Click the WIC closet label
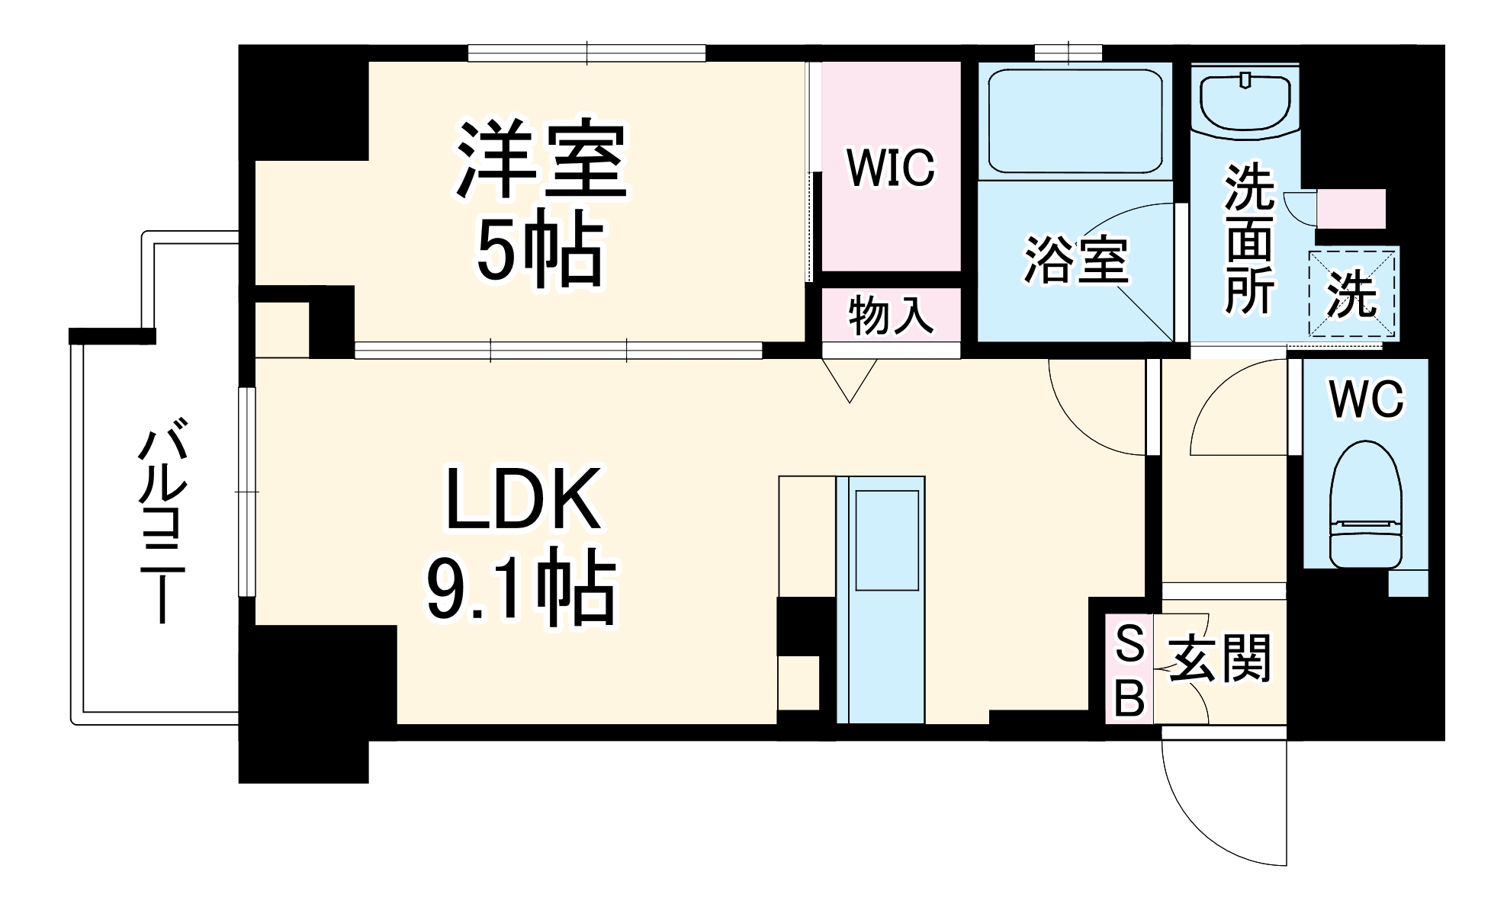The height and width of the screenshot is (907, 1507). [890, 168]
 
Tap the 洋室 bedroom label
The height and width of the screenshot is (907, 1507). [541, 159]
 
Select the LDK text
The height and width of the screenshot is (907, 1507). [522, 500]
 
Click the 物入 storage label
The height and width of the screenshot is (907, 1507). [891, 315]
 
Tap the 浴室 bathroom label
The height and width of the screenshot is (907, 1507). [1075, 260]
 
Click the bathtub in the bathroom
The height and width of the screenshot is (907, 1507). [1075, 122]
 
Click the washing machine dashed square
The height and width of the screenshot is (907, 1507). [1351, 293]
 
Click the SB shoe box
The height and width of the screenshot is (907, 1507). [1129, 670]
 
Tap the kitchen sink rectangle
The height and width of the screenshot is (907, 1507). [886, 540]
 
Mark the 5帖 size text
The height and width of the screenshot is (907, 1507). [540, 248]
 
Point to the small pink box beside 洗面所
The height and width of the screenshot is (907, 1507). [1351, 208]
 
